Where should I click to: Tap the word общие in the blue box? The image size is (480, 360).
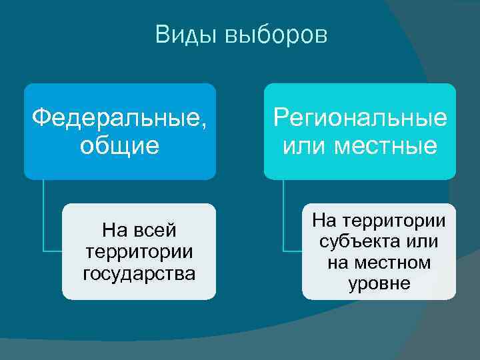120,145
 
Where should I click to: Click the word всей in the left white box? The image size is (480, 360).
156,231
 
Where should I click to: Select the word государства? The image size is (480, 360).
139,273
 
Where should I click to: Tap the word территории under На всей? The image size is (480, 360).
139,252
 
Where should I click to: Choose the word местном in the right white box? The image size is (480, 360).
397,263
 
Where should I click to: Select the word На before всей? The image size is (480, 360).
116,231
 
